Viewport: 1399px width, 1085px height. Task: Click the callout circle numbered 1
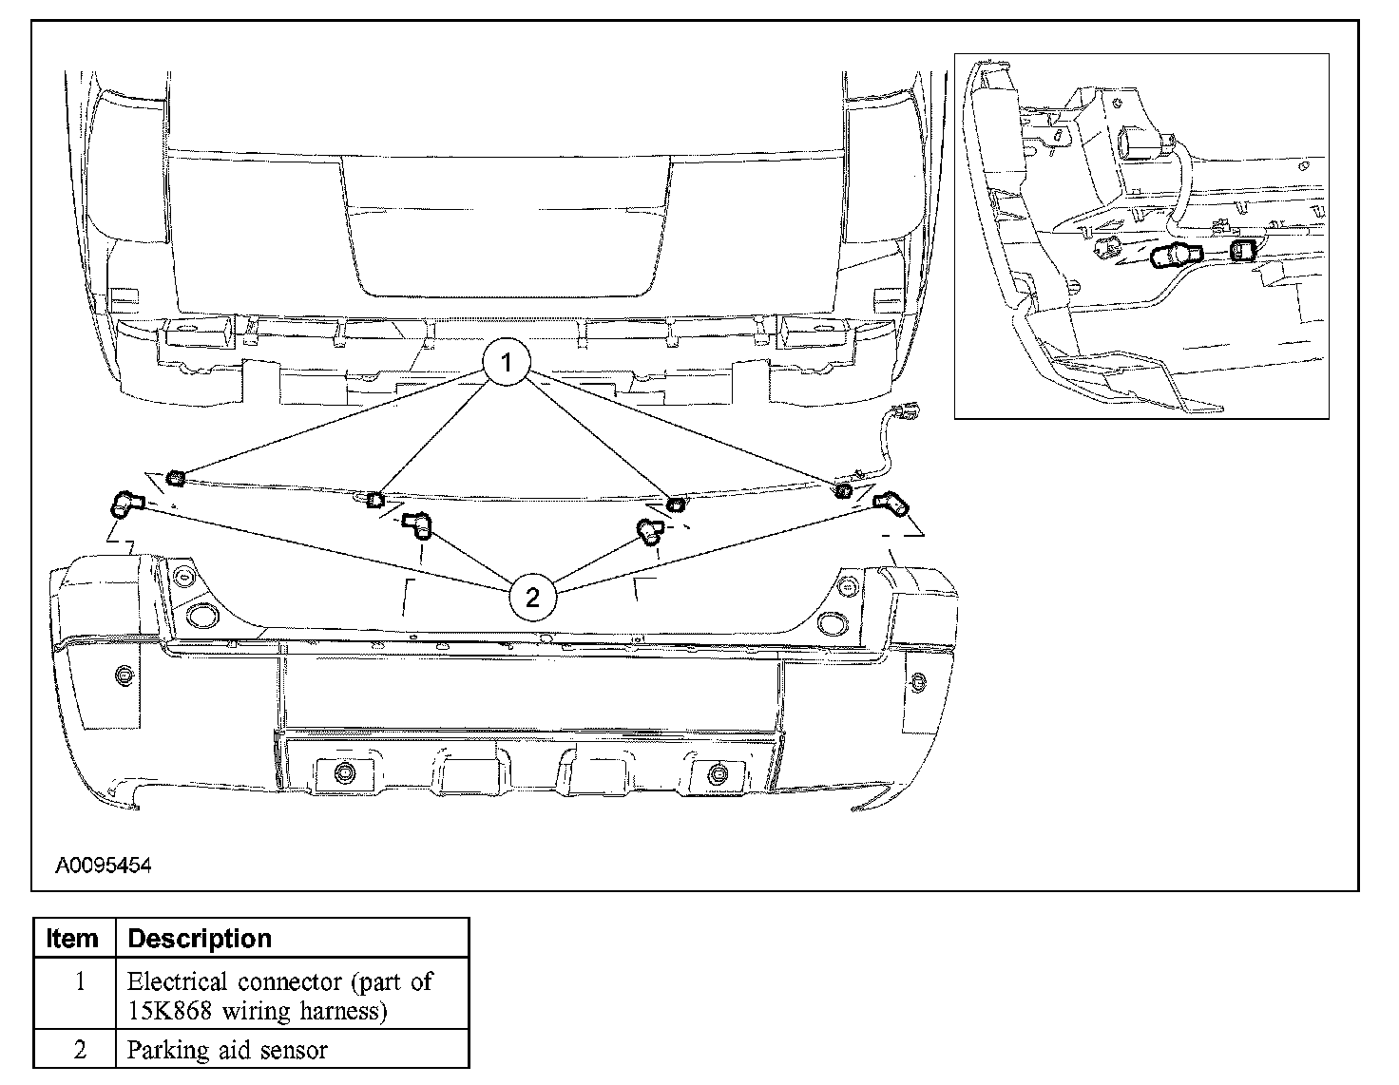[507, 362]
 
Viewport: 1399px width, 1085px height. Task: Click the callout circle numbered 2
[532, 598]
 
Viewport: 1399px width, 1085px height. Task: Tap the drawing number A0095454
[103, 865]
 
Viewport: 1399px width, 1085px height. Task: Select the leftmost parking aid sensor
[126, 504]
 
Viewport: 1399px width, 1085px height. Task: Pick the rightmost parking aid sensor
[891, 503]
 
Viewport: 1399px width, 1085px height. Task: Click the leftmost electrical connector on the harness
[175, 478]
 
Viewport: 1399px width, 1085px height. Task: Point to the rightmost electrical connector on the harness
[843, 490]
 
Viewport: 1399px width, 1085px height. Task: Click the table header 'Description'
[200, 939]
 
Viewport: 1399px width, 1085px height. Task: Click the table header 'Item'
[71, 939]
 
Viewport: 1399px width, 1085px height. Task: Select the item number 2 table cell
[80, 1050]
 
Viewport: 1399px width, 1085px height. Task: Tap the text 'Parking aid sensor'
[227, 1050]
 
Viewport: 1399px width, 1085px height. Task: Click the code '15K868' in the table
[169, 1011]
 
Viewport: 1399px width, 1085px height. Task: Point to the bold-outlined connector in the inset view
[1242, 250]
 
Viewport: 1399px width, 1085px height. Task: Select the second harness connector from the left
[375, 500]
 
